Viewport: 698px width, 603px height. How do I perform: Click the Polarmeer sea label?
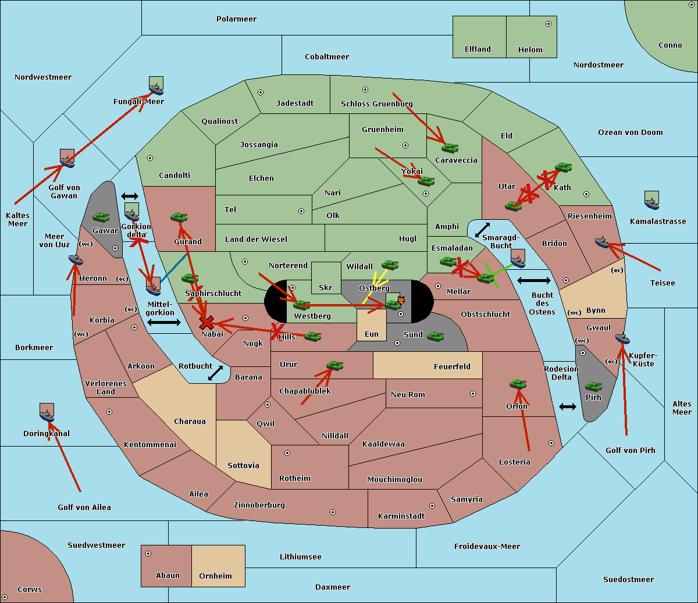(x=236, y=19)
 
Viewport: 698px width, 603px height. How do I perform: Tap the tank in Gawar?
(x=101, y=217)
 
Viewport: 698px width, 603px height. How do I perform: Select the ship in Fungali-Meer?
(x=156, y=89)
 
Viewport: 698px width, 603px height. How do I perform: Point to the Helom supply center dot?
(x=549, y=24)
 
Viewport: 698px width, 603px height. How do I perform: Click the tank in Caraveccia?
(x=450, y=148)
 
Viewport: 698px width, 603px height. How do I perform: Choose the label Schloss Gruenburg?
(x=376, y=104)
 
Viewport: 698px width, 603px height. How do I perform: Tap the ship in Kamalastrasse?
(x=651, y=204)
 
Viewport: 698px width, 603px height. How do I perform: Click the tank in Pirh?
(x=593, y=386)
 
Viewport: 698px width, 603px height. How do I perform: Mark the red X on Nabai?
(x=206, y=322)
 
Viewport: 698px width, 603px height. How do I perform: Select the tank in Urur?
(x=334, y=366)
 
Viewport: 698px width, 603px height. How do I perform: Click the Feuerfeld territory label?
(x=452, y=366)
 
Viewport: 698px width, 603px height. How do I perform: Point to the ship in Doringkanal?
(x=47, y=416)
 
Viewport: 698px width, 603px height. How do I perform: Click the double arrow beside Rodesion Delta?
(x=568, y=407)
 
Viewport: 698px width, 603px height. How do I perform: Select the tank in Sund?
(x=435, y=336)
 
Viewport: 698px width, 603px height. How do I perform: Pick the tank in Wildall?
(x=390, y=265)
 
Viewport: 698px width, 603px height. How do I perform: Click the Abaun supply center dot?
(x=148, y=554)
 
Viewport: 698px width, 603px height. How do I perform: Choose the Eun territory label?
(x=372, y=334)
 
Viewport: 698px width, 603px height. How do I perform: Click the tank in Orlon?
(x=518, y=384)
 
